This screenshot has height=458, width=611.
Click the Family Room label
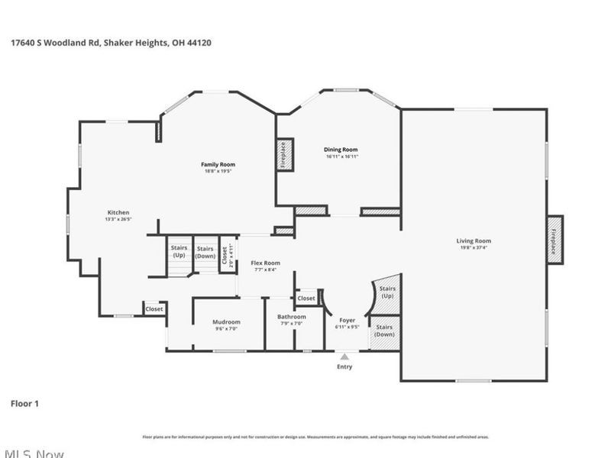[218, 164]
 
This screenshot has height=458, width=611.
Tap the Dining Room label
[341, 150]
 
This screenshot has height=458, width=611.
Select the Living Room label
[474, 240]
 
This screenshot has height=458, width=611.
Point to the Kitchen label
[118, 212]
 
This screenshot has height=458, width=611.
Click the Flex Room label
[265, 263]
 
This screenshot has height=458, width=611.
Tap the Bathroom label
[291, 317]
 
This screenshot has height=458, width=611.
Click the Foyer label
[346, 321]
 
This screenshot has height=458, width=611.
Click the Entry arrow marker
[345, 356]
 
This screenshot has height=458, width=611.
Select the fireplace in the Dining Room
[285, 155]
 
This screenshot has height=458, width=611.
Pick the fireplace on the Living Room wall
[554, 240]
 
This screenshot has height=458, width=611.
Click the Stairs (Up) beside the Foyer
[387, 293]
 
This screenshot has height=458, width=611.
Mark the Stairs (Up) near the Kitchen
[179, 252]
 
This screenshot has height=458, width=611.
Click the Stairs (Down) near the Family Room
[205, 252]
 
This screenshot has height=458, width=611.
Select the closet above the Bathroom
[306, 298]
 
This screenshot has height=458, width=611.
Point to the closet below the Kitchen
[154, 309]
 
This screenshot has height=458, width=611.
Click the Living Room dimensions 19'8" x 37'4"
[474, 247]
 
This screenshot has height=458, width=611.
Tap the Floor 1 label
[24, 403]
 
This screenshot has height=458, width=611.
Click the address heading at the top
[111, 44]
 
